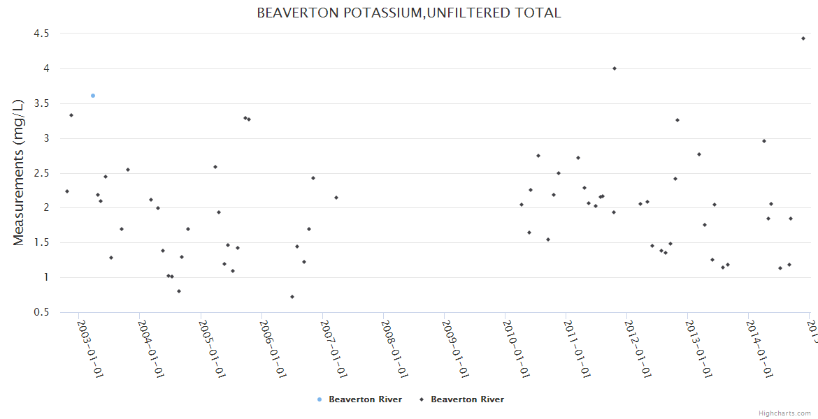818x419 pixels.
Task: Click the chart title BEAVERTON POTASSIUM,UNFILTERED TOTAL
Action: click(409, 13)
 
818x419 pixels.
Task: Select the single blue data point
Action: click(93, 96)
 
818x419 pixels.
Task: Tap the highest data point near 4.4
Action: click(803, 38)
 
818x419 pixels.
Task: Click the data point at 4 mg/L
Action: click(615, 68)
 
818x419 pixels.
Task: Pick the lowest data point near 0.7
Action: click(292, 297)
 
